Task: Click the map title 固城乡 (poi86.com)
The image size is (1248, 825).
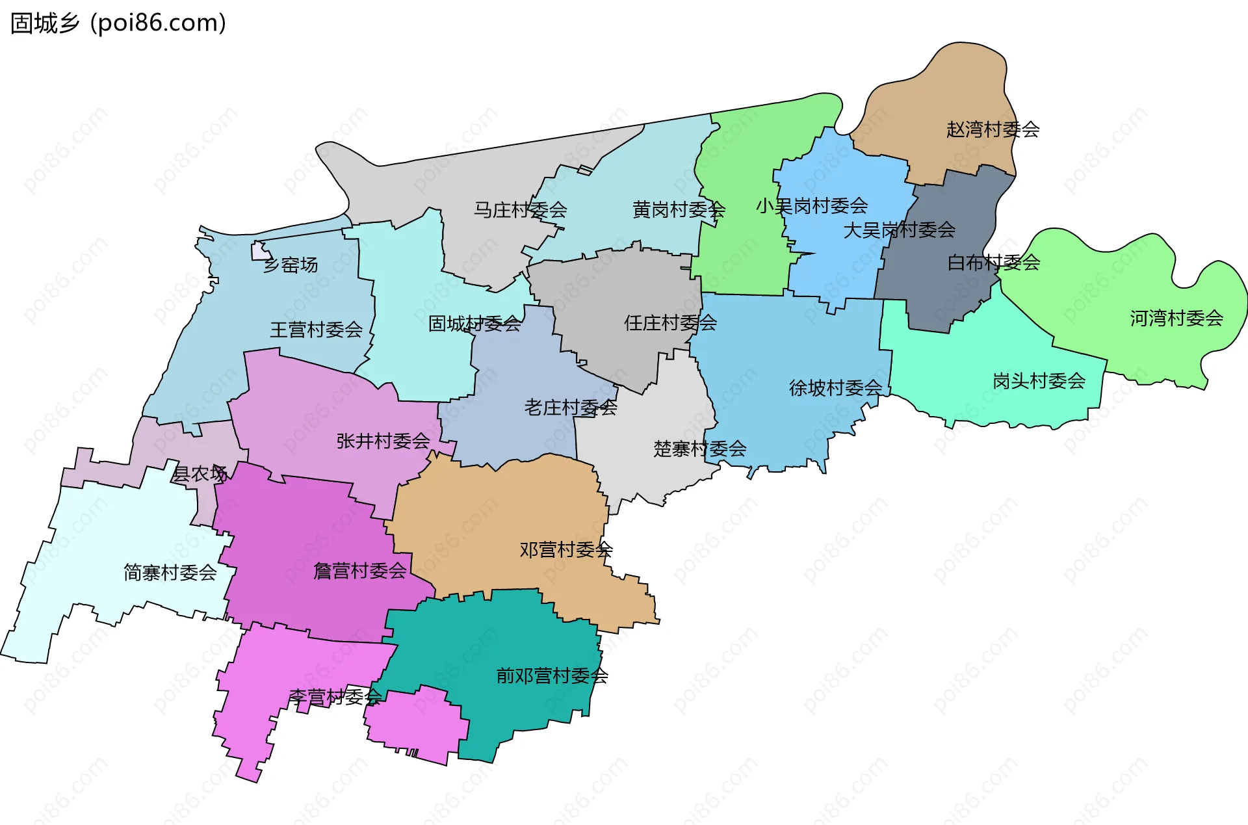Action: pos(118,23)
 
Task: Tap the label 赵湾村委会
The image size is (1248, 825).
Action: pos(993,129)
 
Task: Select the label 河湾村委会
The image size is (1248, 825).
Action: pos(1176,318)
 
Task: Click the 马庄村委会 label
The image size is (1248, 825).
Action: pos(520,210)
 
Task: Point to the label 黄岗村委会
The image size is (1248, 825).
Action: pos(679,209)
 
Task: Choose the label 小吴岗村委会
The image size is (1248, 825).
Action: pos(811,206)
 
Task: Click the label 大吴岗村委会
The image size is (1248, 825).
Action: pos(899,229)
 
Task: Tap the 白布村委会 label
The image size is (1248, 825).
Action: pos(993,263)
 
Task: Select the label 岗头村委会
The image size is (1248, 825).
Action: pos(1039,381)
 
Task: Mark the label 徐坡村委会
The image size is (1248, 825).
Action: pos(835,388)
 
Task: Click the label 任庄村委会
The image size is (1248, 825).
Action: pos(670,322)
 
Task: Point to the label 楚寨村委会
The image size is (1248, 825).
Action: pos(699,449)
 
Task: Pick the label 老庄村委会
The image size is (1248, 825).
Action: pos(570,408)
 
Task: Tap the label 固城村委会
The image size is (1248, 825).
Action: pos(474,324)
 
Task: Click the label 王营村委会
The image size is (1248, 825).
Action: pos(316,330)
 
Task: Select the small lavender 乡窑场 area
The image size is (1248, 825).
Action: pos(259,251)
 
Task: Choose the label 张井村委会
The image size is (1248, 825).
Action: pos(383,441)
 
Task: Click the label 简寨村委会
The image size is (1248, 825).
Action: pos(170,573)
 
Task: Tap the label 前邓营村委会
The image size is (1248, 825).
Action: pos(552,676)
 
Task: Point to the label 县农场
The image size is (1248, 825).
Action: pos(200,474)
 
